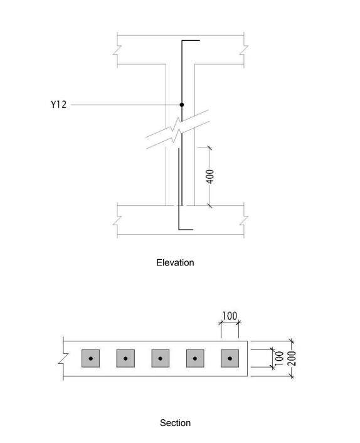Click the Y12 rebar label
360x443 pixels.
tap(58, 105)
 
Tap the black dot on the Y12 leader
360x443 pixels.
tap(182, 105)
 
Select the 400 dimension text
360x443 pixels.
tap(210, 176)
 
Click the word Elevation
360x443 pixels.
tap(175, 262)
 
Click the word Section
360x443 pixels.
tap(175, 423)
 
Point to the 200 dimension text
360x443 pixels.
tap(292, 358)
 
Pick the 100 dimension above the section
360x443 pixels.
tap(230, 316)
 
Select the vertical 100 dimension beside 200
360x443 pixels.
tap(279, 358)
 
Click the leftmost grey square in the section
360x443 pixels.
tap(91, 358)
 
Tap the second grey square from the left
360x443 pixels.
tap(125, 358)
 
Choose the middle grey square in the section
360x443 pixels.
tap(161, 358)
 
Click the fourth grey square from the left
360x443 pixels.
tap(195, 358)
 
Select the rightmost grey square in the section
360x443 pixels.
tap(230, 358)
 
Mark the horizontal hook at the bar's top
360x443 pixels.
tap(191, 40)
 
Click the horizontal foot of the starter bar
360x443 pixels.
tap(186, 230)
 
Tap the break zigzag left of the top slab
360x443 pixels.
tap(117, 50)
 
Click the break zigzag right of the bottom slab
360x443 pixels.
tap(244, 220)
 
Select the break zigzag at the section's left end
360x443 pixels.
tap(63, 358)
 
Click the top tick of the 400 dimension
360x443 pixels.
tap(209, 147)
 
